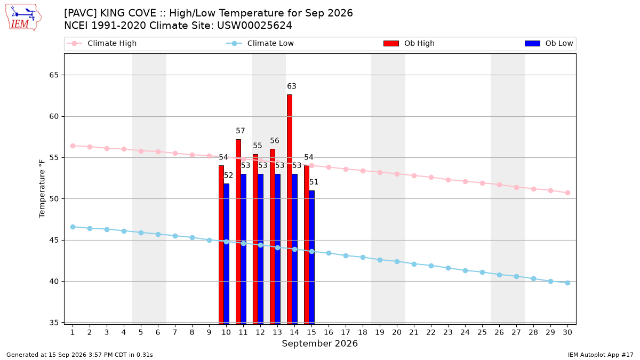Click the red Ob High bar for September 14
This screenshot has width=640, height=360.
tap(290, 209)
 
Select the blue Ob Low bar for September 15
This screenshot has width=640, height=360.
tap(311, 257)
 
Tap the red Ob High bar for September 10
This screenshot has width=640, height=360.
tap(221, 245)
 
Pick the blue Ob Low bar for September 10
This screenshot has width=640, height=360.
tap(226, 254)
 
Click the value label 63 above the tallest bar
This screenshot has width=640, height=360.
tap(291, 86)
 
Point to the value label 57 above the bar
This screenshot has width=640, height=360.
tap(241, 131)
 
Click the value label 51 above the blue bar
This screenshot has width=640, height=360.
tap(314, 182)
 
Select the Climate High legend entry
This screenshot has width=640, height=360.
tap(101, 43)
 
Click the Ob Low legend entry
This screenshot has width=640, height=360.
tap(549, 43)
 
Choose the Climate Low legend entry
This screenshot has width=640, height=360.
tap(260, 43)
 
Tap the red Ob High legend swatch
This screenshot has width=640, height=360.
tap(391, 43)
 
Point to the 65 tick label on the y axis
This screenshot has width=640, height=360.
tap(54, 75)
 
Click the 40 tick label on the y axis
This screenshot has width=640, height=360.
tap(54, 282)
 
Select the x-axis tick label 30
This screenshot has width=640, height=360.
tap(567, 332)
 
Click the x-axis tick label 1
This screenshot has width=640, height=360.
tap(73, 332)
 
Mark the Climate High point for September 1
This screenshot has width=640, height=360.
tap(73, 146)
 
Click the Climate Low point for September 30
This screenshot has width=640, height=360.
tap(567, 283)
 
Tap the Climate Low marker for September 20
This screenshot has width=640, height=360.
tap(397, 262)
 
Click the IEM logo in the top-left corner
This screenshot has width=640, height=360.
tap(23, 17)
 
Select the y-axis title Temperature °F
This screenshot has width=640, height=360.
tap(42, 189)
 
